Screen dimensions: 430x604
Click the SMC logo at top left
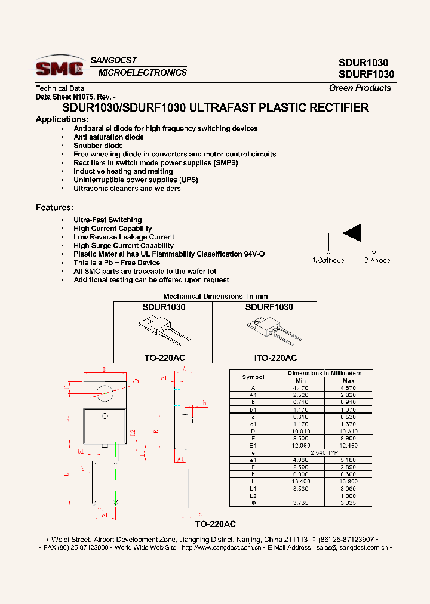(59, 66)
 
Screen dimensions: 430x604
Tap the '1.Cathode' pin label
(328, 260)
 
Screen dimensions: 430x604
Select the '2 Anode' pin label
(377, 260)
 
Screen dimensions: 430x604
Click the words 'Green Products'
(360, 88)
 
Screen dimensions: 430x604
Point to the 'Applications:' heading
(62, 119)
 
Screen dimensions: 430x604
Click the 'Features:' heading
(54, 208)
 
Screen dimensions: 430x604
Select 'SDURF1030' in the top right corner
(366, 75)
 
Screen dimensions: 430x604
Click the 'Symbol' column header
(253, 377)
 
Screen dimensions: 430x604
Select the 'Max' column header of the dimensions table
(348, 380)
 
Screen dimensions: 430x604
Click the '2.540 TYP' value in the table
(324, 453)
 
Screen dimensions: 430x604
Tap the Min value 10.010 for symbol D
(300, 431)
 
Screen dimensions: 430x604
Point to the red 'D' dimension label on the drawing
(105, 369)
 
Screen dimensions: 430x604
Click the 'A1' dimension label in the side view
(180, 458)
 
